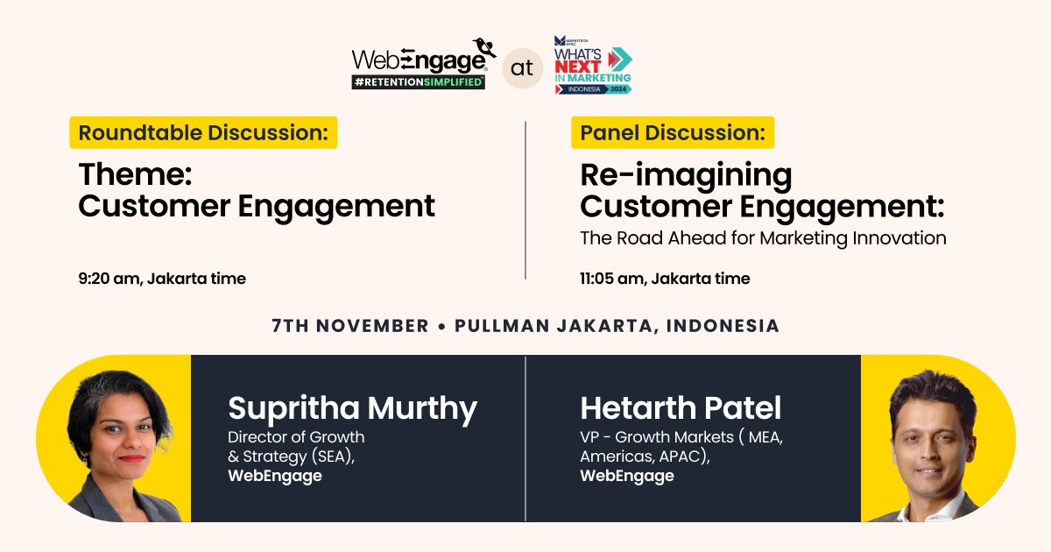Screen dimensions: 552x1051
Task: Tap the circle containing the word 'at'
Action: pos(522,68)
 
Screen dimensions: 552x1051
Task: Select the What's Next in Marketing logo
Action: pos(592,65)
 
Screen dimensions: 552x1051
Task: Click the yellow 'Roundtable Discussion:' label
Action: pos(203,133)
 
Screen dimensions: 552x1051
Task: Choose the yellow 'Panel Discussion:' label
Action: pos(672,133)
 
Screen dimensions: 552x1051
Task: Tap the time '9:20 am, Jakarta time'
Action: pos(162,279)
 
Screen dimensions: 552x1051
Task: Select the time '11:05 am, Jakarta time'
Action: pos(665,279)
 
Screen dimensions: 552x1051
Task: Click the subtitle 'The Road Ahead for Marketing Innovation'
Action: pos(763,237)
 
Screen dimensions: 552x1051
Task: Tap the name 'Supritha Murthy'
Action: pos(352,408)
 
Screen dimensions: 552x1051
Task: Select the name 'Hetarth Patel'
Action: pos(681,408)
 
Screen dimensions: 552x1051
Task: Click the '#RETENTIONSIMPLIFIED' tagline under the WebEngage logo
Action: pos(418,82)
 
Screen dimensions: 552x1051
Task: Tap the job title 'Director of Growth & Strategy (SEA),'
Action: pos(296,446)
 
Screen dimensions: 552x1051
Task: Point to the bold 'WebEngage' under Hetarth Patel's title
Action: pos(627,476)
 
